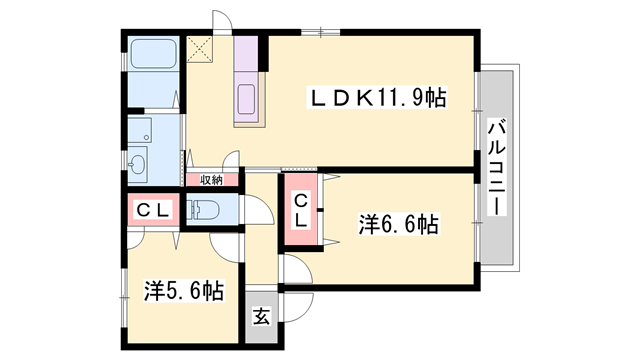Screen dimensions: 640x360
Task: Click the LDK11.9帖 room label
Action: tap(376, 98)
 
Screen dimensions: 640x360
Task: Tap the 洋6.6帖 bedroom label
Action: tap(398, 223)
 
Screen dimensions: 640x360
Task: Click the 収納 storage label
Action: tap(210, 180)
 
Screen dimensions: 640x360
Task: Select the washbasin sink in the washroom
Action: tap(138, 160)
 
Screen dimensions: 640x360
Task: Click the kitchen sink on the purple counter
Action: tap(247, 100)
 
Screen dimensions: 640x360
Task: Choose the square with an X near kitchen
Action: tap(195, 46)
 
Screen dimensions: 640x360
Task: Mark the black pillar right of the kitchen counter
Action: tap(263, 52)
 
